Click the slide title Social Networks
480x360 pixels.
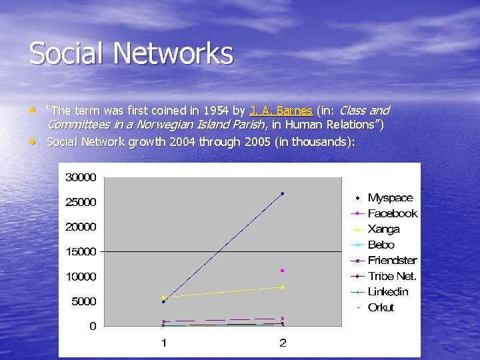[x=131, y=54]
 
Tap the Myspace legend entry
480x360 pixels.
[x=390, y=198]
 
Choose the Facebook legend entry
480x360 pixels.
[x=392, y=213]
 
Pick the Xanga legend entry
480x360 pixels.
[x=383, y=229]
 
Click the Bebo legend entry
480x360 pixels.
[x=381, y=245]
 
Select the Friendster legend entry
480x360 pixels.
[x=392, y=261]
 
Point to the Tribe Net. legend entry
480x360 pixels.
[x=392, y=276]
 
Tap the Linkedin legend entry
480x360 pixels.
[x=388, y=292]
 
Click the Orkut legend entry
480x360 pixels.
[x=381, y=307]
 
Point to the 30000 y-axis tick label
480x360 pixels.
[x=80, y=177]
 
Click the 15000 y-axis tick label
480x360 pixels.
[x=80, y=252]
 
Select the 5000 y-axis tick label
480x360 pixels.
[x=83, y=301]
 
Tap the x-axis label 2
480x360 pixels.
[x=283, y=343]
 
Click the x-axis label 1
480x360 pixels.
[x=163, y=343]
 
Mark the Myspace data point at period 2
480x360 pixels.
[x=283, y=193]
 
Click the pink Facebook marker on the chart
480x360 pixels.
[x=283, y=271]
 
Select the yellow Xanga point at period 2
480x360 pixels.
[x=283, y=287]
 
